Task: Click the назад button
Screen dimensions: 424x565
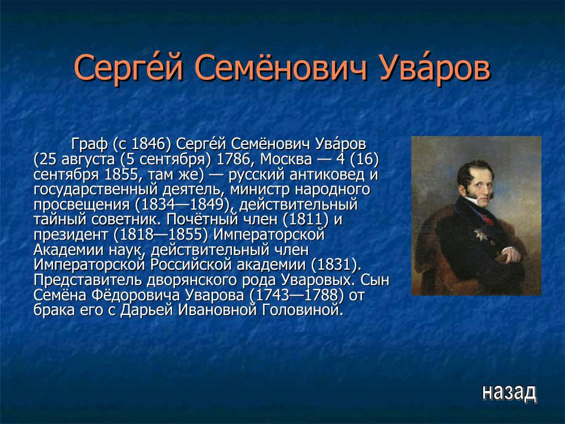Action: click(509, 391)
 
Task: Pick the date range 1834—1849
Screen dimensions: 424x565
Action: click(182, 205)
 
